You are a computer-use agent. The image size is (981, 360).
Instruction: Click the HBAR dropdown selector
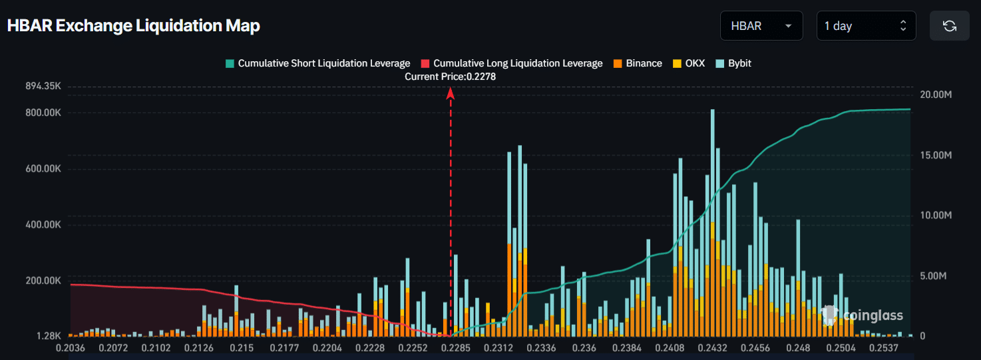tap(761, 26)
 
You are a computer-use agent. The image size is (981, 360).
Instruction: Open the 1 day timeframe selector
tap(865, 26)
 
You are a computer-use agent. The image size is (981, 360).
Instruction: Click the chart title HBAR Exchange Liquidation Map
tap(133, 26)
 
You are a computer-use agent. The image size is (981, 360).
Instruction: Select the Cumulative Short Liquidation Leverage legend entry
tap(318, 63)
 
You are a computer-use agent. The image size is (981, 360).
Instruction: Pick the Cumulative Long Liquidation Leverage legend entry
tap(512, 63)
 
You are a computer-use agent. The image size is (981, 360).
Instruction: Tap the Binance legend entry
tap(638, 63)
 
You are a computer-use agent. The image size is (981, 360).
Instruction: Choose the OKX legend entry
tap(688, 63)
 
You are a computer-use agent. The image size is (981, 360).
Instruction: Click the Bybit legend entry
tap(733, 63)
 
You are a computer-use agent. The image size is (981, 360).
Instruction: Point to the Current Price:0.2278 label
tap(451, 77)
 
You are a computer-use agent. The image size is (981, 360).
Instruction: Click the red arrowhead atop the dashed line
tap(451, 93)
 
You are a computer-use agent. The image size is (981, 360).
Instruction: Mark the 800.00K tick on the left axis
tap(43, 112)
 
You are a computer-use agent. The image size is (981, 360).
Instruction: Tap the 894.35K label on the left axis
tap(43, 87)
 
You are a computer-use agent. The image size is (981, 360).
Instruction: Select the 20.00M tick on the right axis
tap(936, 94)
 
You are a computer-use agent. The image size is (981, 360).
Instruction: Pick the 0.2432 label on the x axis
tap(711, 347)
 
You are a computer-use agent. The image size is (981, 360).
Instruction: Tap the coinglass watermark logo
tap(863, 315)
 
